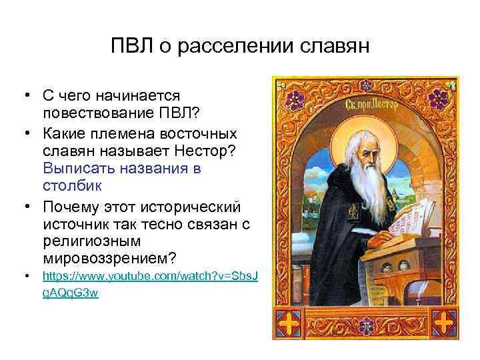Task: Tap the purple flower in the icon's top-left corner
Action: pyautogui.click(x=293, y=99)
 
